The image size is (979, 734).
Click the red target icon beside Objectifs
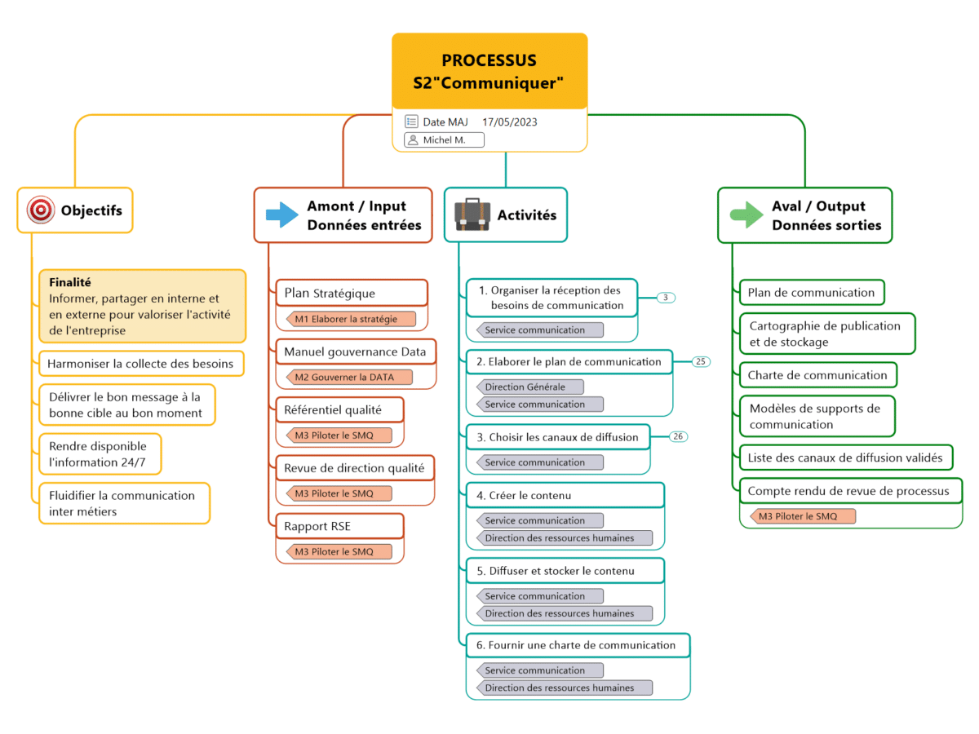coord(41,210)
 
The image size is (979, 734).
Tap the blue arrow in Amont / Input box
coord(282,215)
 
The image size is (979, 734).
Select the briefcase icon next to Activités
coord(472,214)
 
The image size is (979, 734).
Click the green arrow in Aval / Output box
coord(746,215)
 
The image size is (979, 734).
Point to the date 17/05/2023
coord(509,122)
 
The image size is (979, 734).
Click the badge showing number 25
coord(701,361)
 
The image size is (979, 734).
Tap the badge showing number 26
coord(678,436)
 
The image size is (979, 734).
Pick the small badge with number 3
coord(666,298)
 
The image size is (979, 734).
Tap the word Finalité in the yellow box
coord(69,282)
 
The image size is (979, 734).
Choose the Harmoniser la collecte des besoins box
coord(141,364)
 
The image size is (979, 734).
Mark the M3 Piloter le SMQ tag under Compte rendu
coord(803,516)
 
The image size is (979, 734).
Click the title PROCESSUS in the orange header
coord(489,60)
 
